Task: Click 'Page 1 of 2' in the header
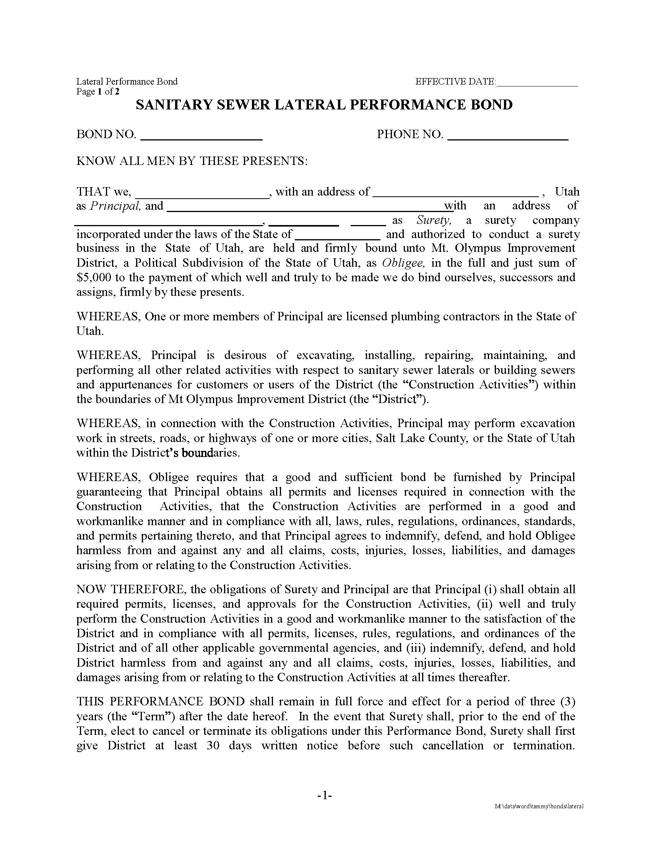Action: coord(98,91)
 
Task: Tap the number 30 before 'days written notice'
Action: coord(213,745)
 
